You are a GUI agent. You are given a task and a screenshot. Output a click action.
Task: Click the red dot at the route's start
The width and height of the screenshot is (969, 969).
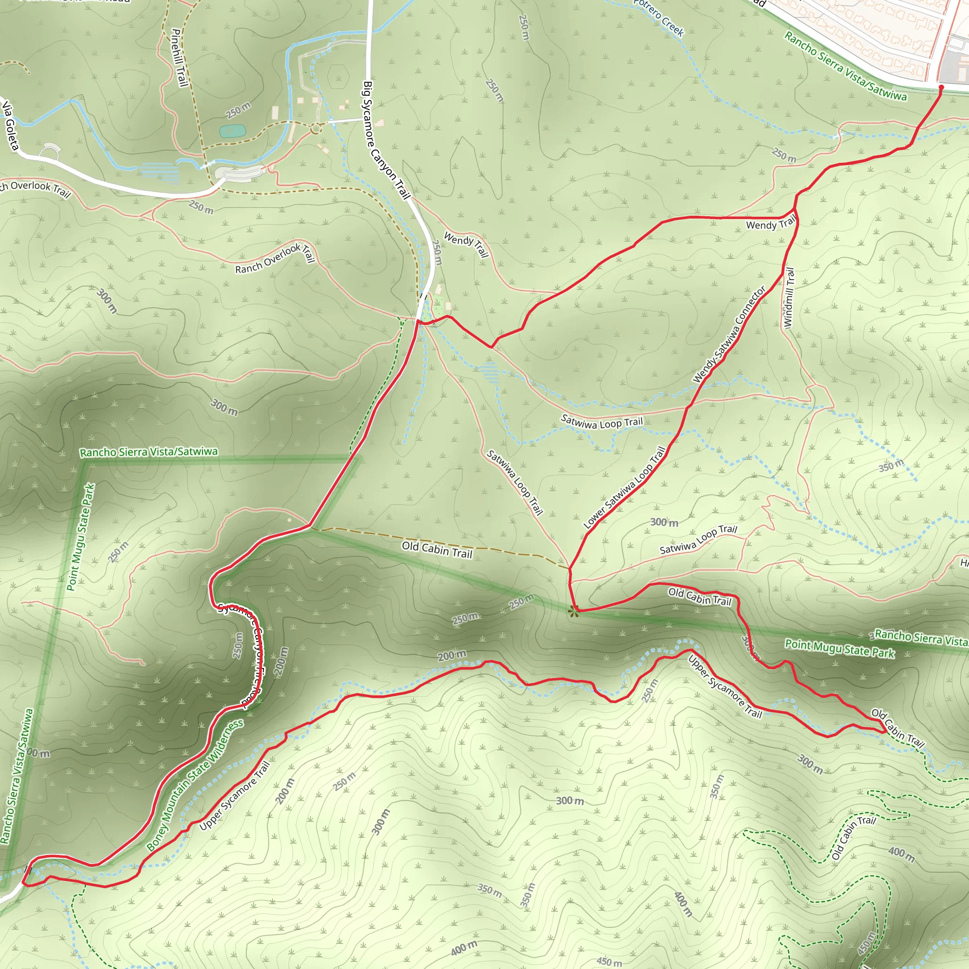[941, 87]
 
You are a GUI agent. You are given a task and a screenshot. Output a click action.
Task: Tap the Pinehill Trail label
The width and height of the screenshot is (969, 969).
[178, 57]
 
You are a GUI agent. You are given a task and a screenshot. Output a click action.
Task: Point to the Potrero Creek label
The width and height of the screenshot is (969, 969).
[659, 18]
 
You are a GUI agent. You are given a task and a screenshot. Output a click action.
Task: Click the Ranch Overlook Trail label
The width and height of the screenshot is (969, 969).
[275, 258]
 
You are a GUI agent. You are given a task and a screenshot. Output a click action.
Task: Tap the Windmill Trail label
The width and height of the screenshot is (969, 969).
[789, 298]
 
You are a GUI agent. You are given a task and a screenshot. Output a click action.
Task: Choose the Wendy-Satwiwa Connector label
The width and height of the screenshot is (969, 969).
[730, 335]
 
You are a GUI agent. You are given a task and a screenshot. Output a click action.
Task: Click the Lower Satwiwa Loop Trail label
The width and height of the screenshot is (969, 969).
[625, 487]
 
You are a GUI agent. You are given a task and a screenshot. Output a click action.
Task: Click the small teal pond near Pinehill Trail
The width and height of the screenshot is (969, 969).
[232, 132]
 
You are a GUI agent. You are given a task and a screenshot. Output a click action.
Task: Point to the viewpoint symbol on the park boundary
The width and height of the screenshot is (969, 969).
[574, 610]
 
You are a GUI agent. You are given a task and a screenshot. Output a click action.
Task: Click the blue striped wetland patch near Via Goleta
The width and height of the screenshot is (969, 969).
[159, 173]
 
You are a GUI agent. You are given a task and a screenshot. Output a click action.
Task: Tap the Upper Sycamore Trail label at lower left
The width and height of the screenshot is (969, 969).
[235, 795]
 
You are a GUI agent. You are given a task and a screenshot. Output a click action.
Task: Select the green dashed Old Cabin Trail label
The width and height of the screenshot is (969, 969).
[853, 837]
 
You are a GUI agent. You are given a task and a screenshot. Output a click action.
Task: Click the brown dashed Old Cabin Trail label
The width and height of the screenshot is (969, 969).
[437, 550]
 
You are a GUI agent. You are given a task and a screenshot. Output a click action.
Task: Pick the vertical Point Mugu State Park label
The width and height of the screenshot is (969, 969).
[81, 537]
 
